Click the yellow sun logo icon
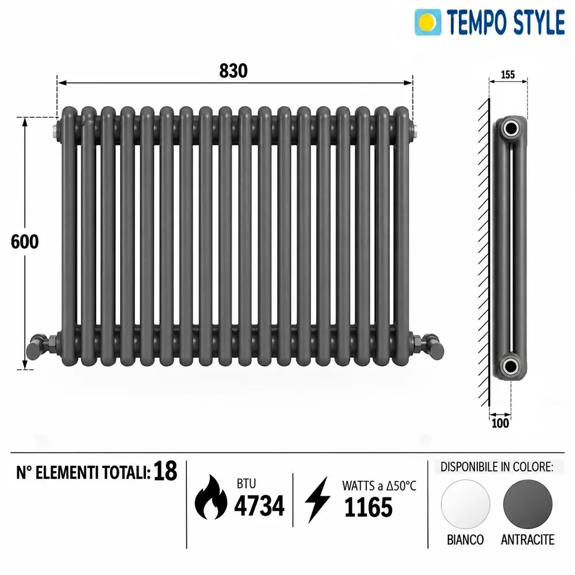[x=428, y=22]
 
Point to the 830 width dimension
[x=233, y=71]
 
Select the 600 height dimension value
[x=25, y=241]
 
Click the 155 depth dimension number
[x=508, y=74]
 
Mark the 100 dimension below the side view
[x=500, y=423]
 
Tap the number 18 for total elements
[x=165, y=471]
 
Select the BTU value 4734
[x=259, y=505]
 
